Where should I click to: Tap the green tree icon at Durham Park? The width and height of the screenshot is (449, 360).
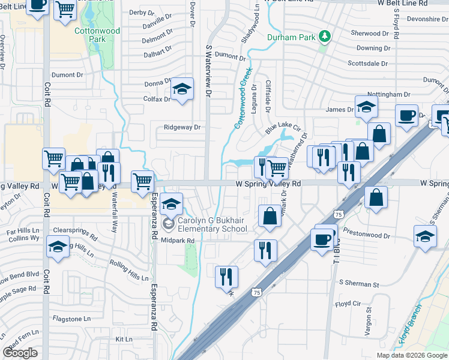[x=325, y=37]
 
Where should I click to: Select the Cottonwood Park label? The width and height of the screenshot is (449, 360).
[x=97, y=35]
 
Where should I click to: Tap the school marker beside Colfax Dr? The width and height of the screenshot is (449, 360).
[x=181, y=90]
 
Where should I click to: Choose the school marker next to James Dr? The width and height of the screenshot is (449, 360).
[x=365, y=108]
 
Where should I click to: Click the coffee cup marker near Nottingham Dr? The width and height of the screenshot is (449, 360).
[x=407, y=115]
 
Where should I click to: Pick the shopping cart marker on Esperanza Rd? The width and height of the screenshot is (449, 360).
[x=142, y=181]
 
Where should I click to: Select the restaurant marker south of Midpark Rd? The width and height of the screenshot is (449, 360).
[x=226, y=277]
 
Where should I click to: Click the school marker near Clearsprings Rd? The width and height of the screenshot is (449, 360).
[x=58, y=247]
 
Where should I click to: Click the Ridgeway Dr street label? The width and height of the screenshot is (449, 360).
[x=182, y=127]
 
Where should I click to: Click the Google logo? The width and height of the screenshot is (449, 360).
[x=20, y=353]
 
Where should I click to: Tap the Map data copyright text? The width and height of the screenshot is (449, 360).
[x=412, y=355]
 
